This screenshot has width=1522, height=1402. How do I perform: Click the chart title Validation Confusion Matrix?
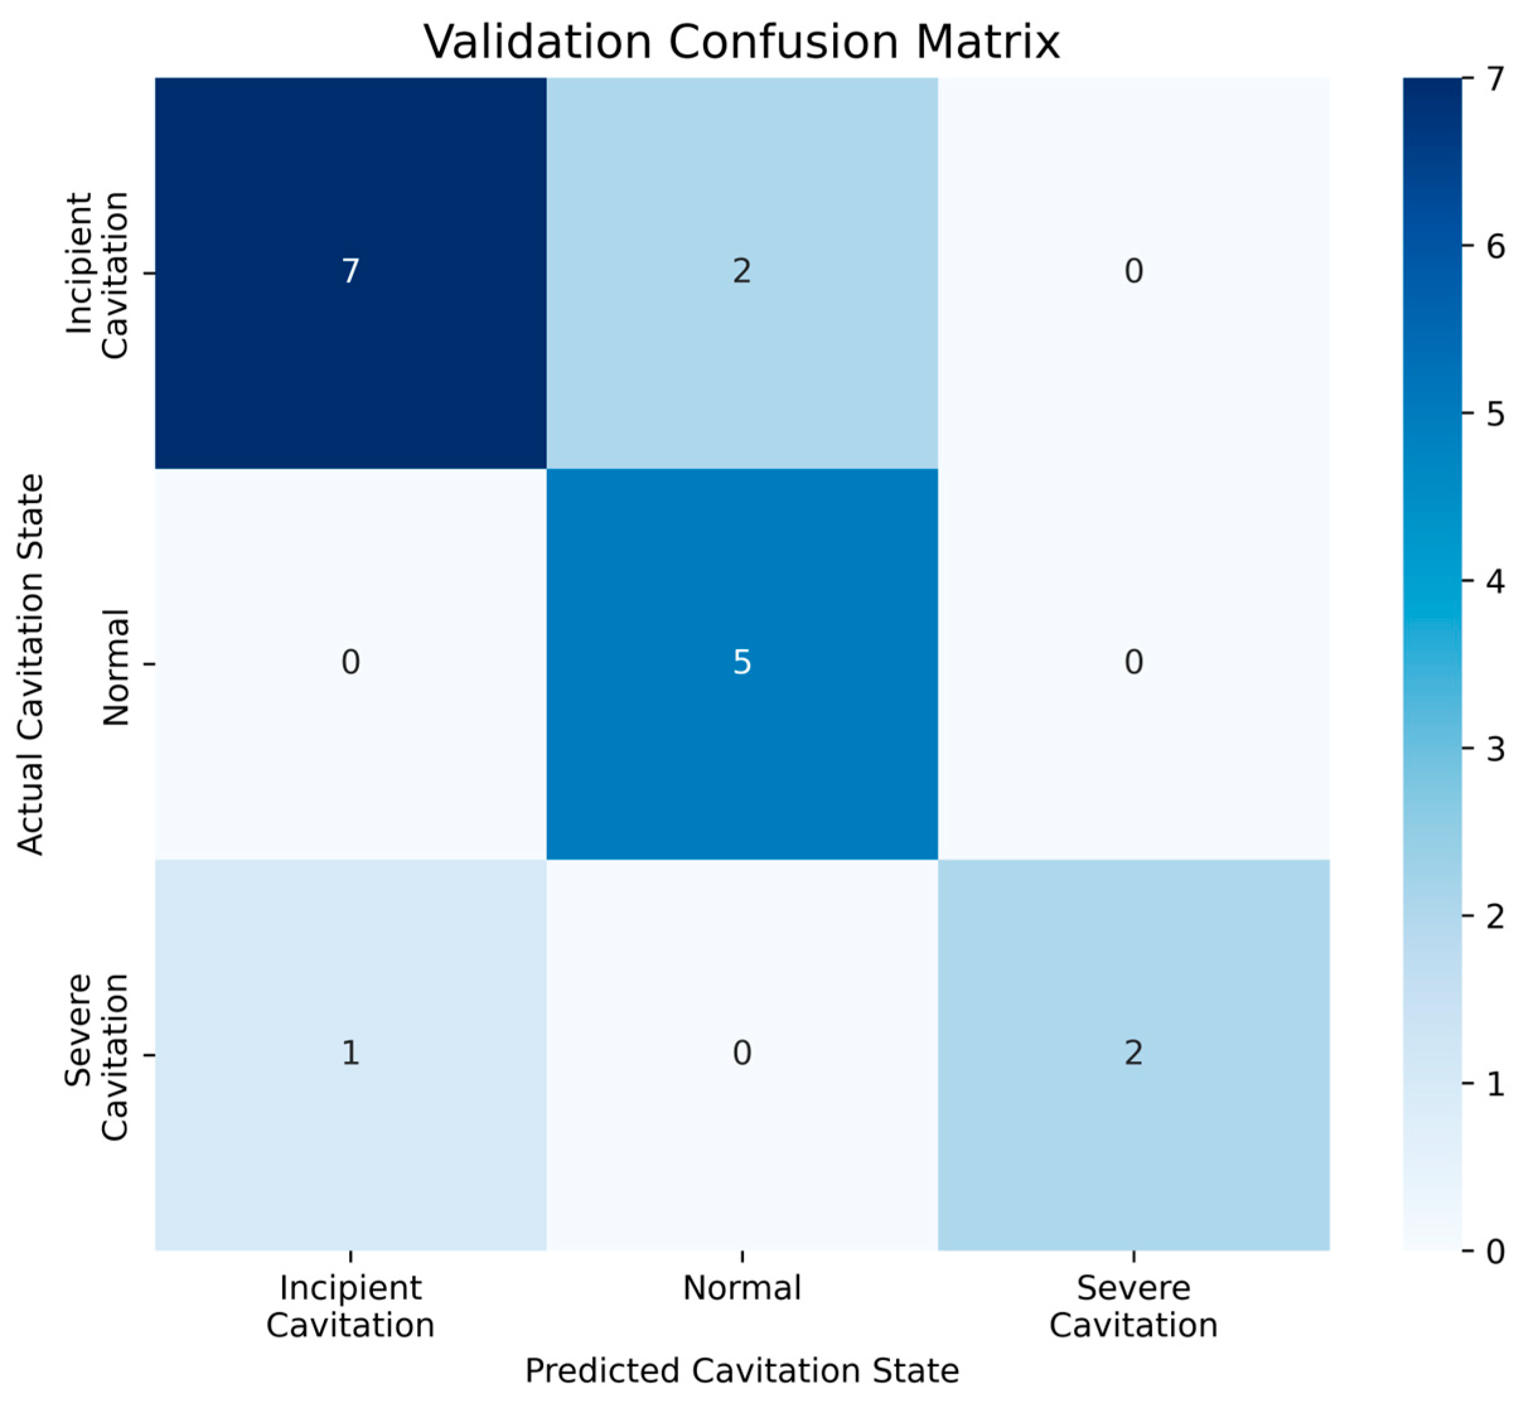coord(741,42)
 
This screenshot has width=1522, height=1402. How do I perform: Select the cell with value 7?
coord(350,272)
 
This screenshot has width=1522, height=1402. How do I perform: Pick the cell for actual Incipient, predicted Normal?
coord(742,272)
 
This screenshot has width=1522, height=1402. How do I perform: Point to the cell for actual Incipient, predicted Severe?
coord(1134,272)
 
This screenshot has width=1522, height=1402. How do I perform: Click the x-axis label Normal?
coord(742,1288)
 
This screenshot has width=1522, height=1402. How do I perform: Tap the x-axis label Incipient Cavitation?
coord(350,1307)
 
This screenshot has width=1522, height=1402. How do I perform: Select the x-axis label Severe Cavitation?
coord(1134,1307)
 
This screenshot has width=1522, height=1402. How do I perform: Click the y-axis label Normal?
coord(115,667)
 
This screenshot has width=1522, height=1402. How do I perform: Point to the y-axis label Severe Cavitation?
coord(96,1057)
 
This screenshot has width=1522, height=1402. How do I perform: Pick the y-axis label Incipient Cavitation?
coord(96,275)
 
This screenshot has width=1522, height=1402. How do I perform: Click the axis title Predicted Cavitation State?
coord(742,1372)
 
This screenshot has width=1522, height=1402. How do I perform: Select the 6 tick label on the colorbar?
coord(1495,248)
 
